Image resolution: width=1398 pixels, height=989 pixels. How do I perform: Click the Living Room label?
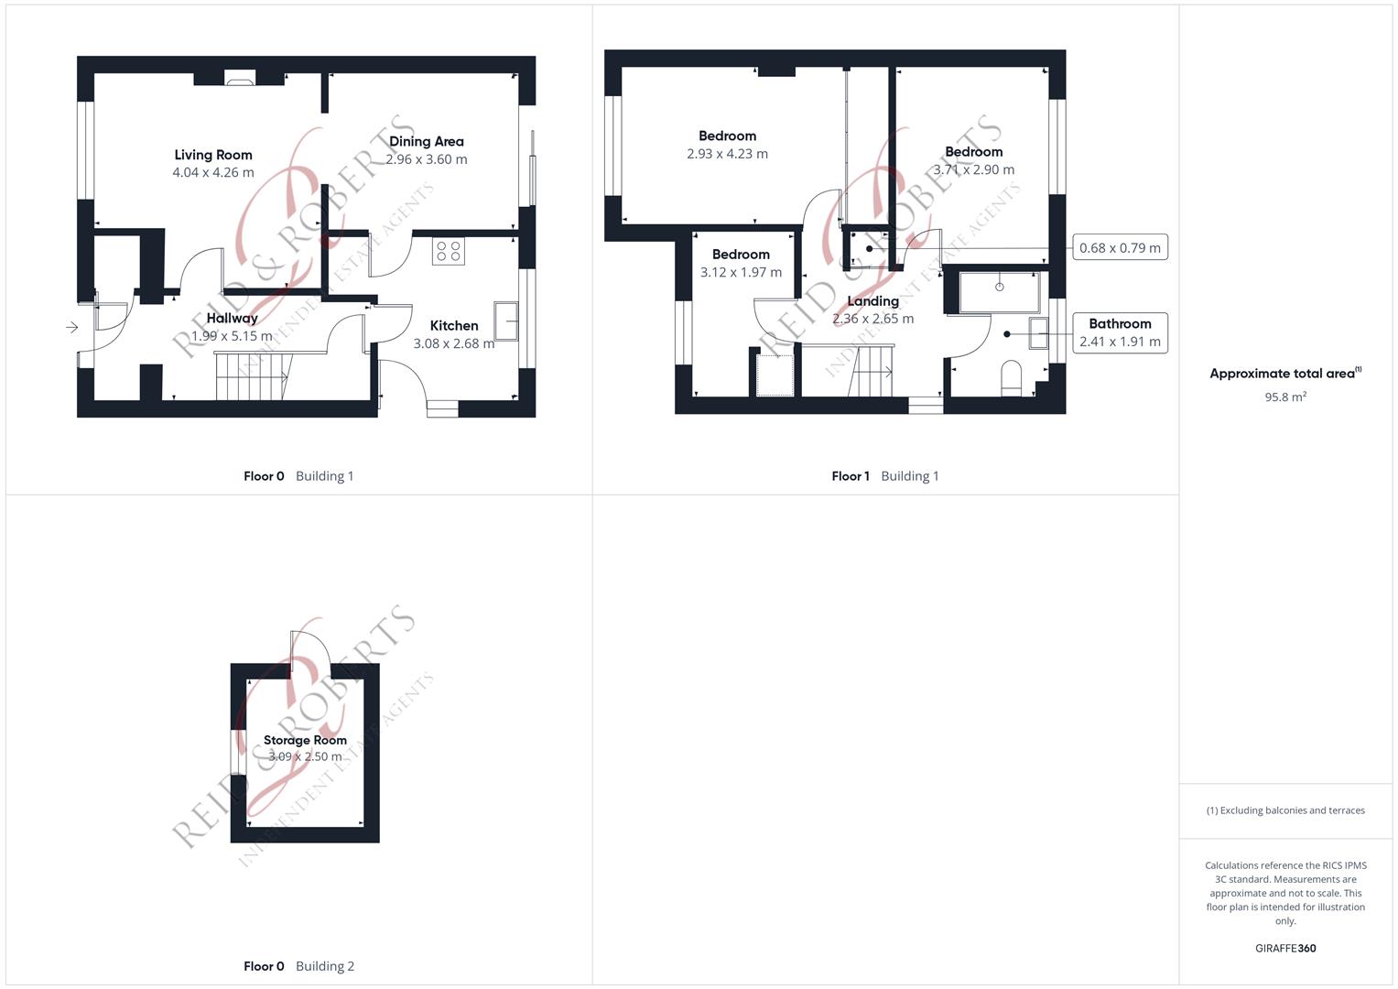tap(213, 155)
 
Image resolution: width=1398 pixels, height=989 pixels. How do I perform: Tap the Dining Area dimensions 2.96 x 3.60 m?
tap(427, 159)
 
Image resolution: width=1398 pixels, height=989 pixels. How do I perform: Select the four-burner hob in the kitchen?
tap(448, 251)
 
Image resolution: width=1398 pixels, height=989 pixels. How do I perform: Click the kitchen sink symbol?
tap(506, 321)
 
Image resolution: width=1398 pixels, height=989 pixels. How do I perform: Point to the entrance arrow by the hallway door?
tap(72, 327)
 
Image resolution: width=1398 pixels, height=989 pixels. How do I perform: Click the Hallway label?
tap(233, 318)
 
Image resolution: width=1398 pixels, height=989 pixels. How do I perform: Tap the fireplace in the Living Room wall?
tap(240, 78)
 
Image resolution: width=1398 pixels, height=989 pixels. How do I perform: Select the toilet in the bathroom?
tap(1011, 378)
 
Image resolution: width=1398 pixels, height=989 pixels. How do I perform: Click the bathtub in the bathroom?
tap(999, 291)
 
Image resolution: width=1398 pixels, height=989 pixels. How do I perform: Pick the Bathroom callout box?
tap(1121, 332)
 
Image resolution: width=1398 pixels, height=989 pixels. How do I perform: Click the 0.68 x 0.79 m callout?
tap(1121, 247)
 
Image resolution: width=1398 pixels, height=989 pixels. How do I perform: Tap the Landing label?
tap(873, 301)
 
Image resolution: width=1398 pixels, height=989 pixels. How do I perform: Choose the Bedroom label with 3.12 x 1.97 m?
tap(741, 255)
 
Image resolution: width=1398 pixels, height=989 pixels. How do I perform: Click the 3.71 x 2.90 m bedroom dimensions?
tap(973, 169)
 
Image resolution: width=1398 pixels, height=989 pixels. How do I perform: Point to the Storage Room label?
tap(305, 740)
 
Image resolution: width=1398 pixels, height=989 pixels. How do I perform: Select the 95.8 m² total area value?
tap(1285, 397)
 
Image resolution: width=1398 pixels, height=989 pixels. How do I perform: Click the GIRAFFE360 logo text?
tap(1285, 948)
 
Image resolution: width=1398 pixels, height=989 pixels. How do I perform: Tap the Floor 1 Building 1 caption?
tap(885, 476)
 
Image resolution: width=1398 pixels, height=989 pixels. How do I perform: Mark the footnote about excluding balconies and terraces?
tap(1285, 810)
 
